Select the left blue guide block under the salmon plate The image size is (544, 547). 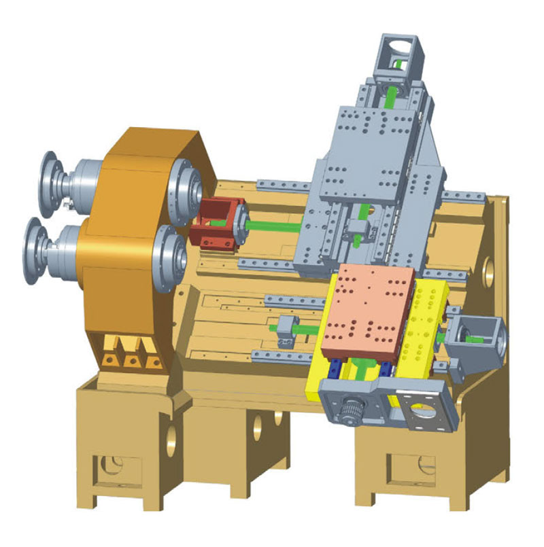coord(336,370)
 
